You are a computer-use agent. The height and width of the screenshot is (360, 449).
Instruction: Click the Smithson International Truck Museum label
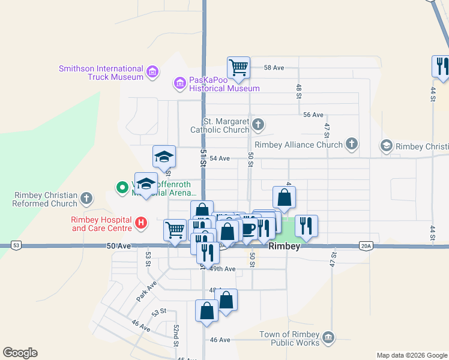(x=101, y=73)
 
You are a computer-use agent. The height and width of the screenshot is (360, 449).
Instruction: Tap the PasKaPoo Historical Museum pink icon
(x=179, y=82)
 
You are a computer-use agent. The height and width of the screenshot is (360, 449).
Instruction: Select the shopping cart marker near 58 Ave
(x=238, y=67)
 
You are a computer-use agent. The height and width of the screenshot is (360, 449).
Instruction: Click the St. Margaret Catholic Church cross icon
(x=258, y=125)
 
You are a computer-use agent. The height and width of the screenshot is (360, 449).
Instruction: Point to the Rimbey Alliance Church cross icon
(x=352, y=144)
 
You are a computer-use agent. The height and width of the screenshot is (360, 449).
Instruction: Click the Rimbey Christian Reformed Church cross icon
(x=87, y=197)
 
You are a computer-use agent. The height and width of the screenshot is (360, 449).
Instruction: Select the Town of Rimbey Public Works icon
(x=328, y=338)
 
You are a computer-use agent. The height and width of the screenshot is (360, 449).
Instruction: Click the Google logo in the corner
(x=20, y=353)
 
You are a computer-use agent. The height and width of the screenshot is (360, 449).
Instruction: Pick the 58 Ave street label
(x=274, y=68)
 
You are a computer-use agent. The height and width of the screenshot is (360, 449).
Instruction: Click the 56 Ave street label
(x=313, y=115)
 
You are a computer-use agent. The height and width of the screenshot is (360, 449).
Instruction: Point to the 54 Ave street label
(x=220, y=158)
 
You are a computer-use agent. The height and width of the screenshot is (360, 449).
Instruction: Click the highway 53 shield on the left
(x=16, y=245)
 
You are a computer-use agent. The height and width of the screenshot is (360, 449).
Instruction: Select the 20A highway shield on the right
(x=367, y=245)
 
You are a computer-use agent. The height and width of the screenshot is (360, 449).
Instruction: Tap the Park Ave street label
(x=146, y=291)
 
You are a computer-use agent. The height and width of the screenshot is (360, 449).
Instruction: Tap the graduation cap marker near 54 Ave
(x=164, y=156)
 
